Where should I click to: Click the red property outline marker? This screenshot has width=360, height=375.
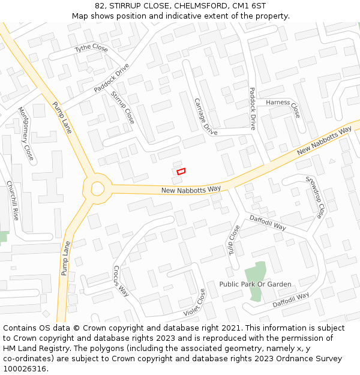[181, 171]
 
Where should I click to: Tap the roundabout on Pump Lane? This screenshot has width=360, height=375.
[98, 188]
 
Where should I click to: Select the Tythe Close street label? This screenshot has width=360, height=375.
[91, 48]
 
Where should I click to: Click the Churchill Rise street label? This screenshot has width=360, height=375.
[13, 200]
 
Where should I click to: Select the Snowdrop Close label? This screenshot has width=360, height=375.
[314, 197]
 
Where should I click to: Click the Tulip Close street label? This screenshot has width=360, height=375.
[233, 240]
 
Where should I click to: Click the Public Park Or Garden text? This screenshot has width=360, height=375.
[255, 284]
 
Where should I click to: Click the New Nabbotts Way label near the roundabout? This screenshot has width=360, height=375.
[191, 190]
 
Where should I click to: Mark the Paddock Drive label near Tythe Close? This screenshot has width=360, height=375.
[112, 78]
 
